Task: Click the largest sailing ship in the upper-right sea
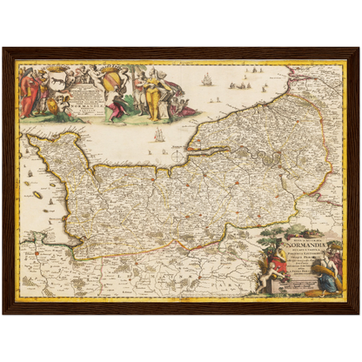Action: click(206, 80)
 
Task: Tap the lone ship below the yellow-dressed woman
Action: click(158, 135)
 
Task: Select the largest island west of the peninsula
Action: click(37, 195)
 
